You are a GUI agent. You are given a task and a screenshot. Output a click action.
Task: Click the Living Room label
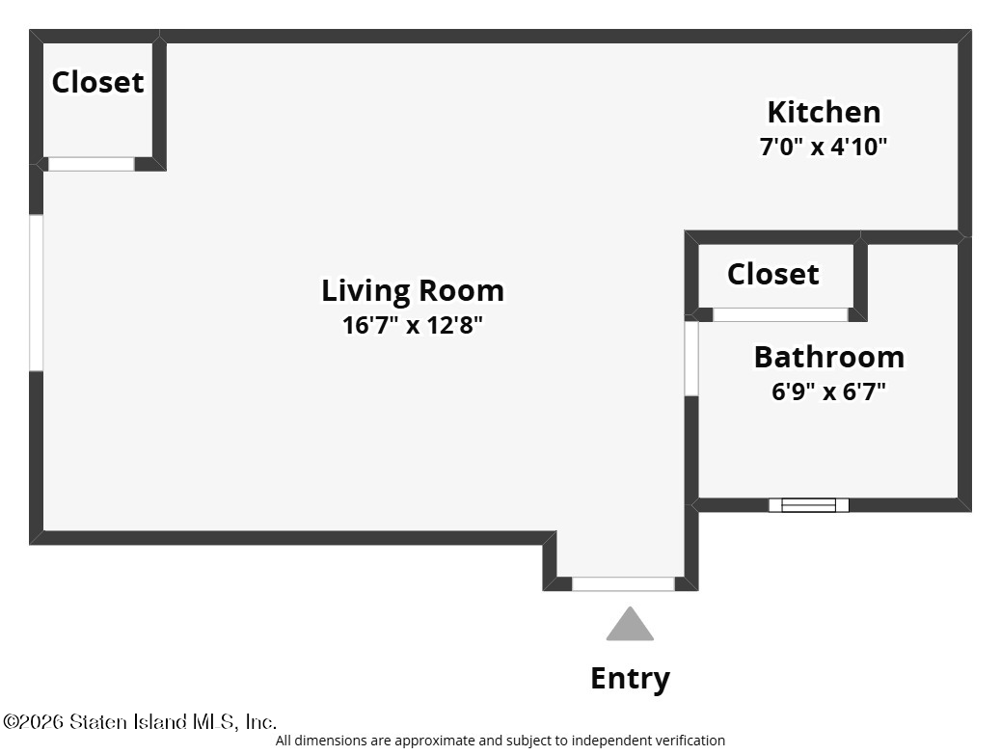(x=413, y=291)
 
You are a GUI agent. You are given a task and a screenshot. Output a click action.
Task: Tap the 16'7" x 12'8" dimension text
(x=413, y=325)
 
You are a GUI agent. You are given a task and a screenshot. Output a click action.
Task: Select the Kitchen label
(x=824, y=112)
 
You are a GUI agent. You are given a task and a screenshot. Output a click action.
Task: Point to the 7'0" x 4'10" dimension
(x=824, y=147)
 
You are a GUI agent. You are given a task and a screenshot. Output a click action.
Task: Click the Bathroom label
(x=829, y=357)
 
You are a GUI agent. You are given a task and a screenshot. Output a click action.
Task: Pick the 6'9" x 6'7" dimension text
(x=828, y=391)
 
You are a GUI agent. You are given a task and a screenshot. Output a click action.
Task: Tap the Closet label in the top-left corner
(x=97, y=82)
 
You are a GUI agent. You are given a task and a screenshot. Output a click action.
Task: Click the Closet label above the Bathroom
(x=773, y=275)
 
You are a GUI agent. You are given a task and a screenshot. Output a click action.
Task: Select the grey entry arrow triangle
(x=630, y=624)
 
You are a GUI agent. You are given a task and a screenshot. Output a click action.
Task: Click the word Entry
(x=630, y=679)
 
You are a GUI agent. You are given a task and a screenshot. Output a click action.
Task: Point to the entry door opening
(x=623, y=584)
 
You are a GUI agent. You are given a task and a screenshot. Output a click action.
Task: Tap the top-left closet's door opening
(x=92, y=164)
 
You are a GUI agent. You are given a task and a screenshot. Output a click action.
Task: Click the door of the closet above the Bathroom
(x=780, y=314)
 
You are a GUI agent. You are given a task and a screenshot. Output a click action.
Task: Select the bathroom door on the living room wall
(x=691, y=359)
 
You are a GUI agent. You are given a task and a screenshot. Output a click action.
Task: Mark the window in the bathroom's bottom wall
(x=809, y=505)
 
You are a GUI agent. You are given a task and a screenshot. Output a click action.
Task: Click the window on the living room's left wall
(x=37, y=292)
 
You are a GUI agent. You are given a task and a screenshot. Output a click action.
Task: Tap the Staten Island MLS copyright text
(x=140, y=722)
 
